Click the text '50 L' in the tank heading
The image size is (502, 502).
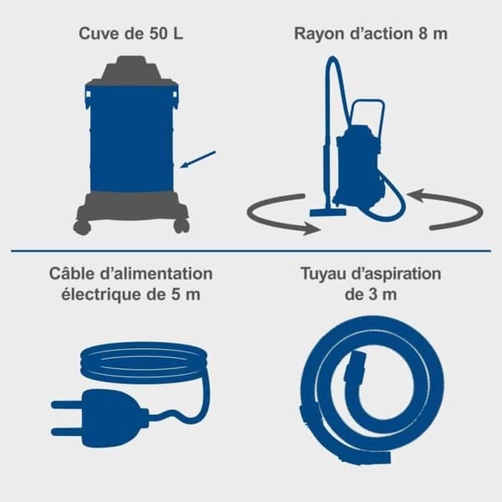(x=166, y=33)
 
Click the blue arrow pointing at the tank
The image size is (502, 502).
(x=197, y=160)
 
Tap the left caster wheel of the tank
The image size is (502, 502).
(x=82, y=227)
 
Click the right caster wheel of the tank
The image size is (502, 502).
(x=182, y=227)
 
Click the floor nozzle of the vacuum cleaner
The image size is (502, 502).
(x=328, y=212)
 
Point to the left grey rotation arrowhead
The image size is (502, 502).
(x=312, y=229)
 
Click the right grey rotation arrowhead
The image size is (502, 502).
(x=416, y=195)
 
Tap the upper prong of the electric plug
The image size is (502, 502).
(x=66, y=405)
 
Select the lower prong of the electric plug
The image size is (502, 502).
(x=66, y=431)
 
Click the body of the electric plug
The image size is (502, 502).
(x=112, y=418)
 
